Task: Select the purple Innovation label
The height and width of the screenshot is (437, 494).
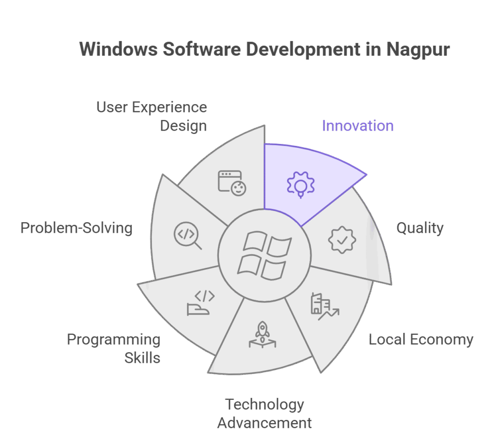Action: pyautogui.click(x=357, y=126)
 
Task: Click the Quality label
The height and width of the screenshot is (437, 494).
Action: pyautogui.click(x=420, y=228)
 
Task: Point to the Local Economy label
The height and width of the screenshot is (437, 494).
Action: pyautogui.click(x=421, y=340)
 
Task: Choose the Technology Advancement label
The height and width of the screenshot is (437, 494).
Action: pyautogui.click(x=264, y=414)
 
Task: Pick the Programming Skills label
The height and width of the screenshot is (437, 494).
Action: pyautogui.click(x=114, y=348)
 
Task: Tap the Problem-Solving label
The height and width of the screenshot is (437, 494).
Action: pyautogui.click(x=76, y=227)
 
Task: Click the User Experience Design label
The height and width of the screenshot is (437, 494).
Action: pyautogui.click(x=151, y=116)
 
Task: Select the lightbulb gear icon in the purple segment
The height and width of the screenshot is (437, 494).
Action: pyautogui.click(x=300, y=184)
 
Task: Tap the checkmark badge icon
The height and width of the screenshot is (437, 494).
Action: pyautogui.click(x=342, y=239)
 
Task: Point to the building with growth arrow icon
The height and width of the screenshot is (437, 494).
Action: pyautogui.click(x=324, y=306)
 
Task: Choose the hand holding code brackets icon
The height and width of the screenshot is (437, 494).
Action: pyautogui.click(x=199, y=303)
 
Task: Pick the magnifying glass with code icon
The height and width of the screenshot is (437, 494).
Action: pyautogui.click(x=188, y=236)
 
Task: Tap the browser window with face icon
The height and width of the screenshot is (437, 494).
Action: pyautogui.click(x=232, y=183)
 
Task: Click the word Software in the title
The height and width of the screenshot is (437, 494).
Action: pyautogui.click(x=194, y=49)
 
